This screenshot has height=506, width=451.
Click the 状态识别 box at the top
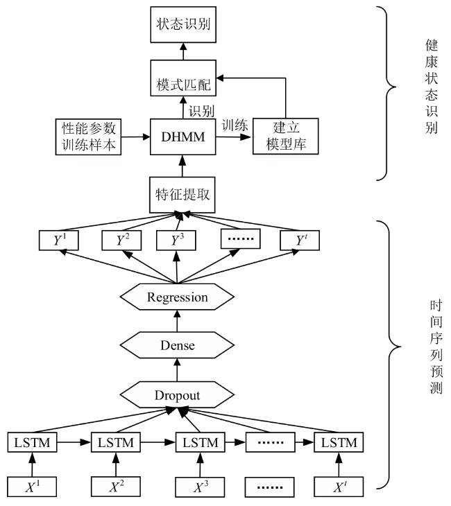[x=183, y=24]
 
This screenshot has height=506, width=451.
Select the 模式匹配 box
[x=183, y=78]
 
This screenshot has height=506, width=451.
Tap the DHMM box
[x=183, y=137]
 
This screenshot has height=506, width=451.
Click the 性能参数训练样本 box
[x=88, y=137]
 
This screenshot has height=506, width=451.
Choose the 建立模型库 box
[x=286, y=136]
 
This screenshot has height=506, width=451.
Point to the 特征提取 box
[x=182, y=195]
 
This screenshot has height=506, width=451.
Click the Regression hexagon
[x=177, y=297]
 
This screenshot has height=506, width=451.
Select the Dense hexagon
[x=177, y=345]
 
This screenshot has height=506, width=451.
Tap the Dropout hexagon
[x=177, y=394]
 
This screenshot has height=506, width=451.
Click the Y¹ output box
[x=58, y=240]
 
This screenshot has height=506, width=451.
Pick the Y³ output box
[x=176, y=240]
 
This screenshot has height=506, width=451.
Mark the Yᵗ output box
[x=300, y=240]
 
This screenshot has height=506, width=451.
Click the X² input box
[x=116, y=487]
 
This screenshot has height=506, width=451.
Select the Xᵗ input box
[x=339, y=487]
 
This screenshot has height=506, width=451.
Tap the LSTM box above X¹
[x=33, y=442]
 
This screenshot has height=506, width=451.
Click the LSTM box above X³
[x=201, y=442]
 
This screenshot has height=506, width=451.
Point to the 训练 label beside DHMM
[x=235, y=125]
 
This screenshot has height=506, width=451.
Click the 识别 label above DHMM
[x=202, y=111]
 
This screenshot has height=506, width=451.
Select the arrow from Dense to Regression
[x=177, y=321]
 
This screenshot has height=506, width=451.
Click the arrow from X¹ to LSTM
[x=32, y=464]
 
